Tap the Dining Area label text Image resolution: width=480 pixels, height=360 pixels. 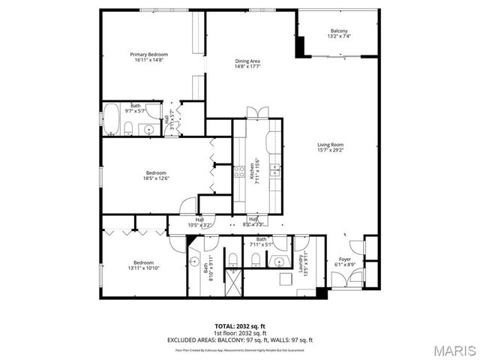point(247,61)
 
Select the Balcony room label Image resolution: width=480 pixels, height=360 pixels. point(339,31)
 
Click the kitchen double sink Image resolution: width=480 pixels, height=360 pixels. point(276,166)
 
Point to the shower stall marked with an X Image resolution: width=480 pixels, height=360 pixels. point(232,281)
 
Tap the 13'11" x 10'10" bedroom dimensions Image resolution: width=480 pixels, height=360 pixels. point(142,268)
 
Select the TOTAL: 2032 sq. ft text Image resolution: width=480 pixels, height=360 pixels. point(240,326)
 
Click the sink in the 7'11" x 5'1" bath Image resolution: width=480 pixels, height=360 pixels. point(279,262)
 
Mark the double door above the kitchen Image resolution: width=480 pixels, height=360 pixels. point(256,112)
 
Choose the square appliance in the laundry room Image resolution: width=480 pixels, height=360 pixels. point(285,279)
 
